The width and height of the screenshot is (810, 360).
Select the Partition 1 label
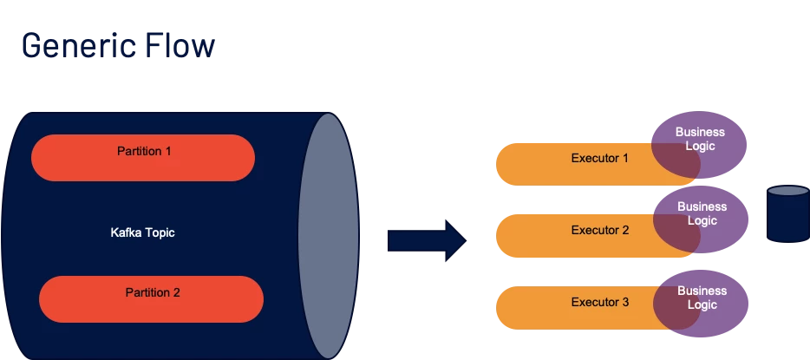pos(144,151)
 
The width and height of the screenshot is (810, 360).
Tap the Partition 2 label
pos(153,292)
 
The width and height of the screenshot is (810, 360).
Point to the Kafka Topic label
pos(143,232)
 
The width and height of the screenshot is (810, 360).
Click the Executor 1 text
pos(599,159)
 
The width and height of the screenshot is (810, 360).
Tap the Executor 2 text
pos(599,231)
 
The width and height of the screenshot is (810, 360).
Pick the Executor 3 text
pos(599,303)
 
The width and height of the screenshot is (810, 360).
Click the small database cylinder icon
pos(787,217)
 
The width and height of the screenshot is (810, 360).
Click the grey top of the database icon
pos(787,192)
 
